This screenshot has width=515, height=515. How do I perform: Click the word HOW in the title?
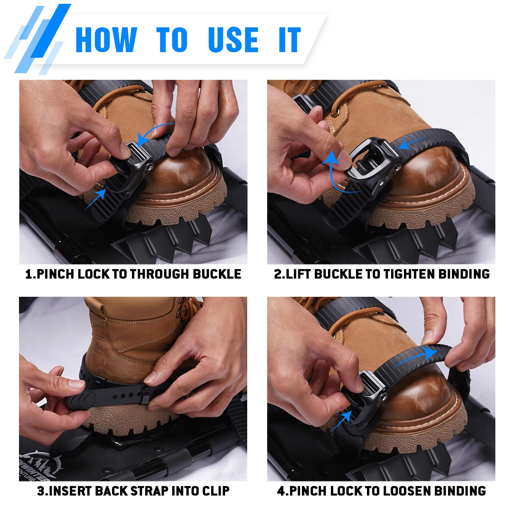click(x=106, y=40)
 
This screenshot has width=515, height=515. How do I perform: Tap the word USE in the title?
click(x=233, y=40)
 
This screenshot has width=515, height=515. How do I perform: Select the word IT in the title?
click(x=290, y=40)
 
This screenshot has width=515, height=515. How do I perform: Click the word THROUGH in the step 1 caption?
click(x=160, y=274)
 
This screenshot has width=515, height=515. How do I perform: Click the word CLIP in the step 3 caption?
click(x=216, y=491)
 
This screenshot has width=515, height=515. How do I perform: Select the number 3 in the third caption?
click(x=41, y=491)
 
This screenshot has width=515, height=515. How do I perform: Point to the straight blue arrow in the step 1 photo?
click(x=95, y=199)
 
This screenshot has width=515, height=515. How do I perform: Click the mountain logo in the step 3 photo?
click(x=39, y=464)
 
